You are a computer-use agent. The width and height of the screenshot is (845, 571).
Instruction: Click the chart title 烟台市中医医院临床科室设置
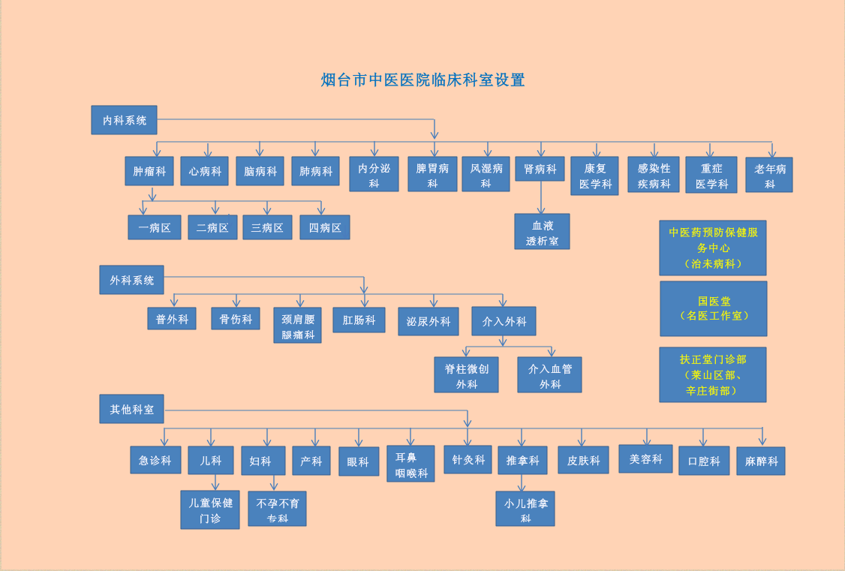click(422, 80)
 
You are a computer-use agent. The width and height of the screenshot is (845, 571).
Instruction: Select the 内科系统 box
click(124, 120)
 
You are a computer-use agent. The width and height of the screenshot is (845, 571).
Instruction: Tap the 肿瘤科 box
click(149, 171)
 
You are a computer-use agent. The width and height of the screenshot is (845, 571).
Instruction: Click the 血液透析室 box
click(542, 231)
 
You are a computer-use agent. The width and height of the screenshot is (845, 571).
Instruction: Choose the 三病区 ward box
click(267, 227)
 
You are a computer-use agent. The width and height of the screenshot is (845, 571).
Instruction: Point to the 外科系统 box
click(131, 280)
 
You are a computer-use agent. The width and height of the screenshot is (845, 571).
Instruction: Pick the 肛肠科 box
click(359, 320)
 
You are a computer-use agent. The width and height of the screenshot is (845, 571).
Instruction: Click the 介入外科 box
click(504, 321)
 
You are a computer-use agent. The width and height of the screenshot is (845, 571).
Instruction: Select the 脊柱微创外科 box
click(466, 374)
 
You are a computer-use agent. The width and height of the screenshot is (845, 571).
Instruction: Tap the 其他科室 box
click(131, 409)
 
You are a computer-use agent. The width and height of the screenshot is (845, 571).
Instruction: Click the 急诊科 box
click(155, 460)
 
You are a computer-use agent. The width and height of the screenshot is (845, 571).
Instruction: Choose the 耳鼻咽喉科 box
click(410, 464)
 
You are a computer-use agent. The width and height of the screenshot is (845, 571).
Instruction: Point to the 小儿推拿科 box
click(525, 509)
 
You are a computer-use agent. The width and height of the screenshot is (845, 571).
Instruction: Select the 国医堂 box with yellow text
click(713, 308)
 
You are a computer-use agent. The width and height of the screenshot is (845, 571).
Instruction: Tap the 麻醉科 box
click(760, 461)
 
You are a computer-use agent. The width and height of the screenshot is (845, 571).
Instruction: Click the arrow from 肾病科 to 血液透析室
click(540, 197)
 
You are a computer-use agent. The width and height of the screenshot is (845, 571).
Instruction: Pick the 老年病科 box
click(769, 175)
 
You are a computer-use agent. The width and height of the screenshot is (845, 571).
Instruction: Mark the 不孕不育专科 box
click(277, 509)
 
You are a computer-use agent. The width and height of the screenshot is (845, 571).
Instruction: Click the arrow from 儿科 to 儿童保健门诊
click(215, 482)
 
